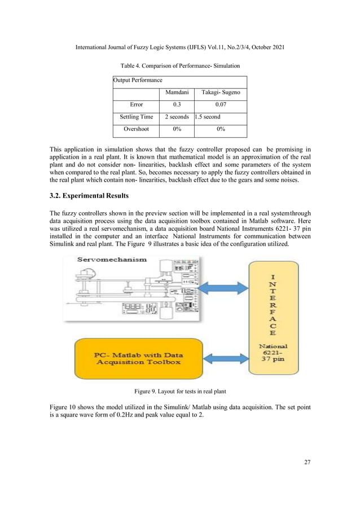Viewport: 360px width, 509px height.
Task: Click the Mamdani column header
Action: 176,92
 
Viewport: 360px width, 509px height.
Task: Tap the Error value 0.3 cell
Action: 176,104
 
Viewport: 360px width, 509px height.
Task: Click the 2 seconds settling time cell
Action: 176,117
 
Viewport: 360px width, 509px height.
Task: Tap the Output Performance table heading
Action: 138,80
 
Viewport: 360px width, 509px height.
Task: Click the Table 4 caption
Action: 179,66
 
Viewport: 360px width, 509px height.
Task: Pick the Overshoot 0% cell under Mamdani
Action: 176,129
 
